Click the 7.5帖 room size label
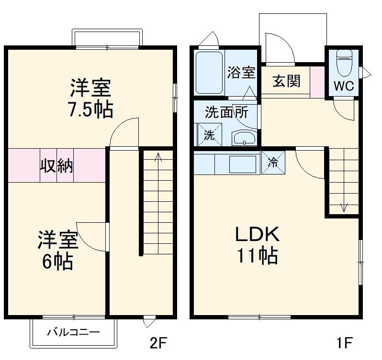tap(90, 110)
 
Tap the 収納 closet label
tap(56, 165)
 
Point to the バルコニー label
tap(73, 332)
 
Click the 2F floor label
tap(157, 343)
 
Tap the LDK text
tap(256, 235)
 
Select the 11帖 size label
tap(256, 257)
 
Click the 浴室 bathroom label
tap(241, 73)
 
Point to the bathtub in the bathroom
tap(209, 73)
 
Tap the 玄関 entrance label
tap(286, 81)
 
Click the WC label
tap(343, 86)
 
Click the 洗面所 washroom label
tap(226, 112)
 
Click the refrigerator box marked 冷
tap(273, 162)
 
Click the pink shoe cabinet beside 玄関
tap(317, 82)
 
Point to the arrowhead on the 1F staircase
tap(343, 207)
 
